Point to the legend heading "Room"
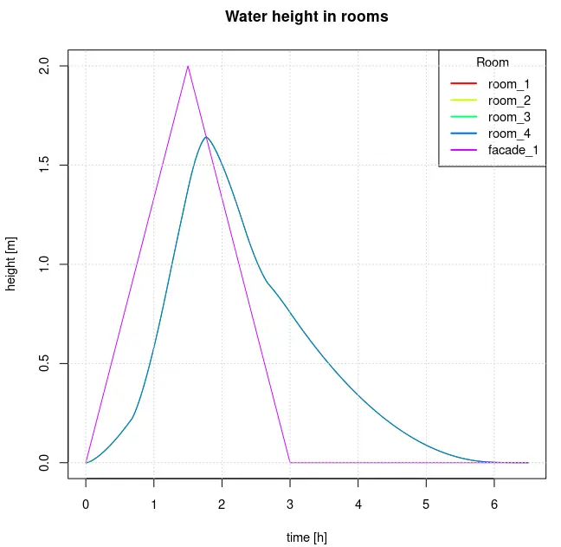pos(493,62)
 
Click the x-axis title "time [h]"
pos(306,537)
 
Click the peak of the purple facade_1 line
pos(188,66)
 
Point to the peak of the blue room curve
pos(206,137)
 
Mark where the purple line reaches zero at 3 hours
pos(290,462)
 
